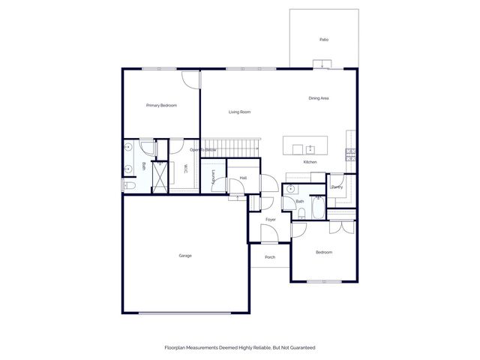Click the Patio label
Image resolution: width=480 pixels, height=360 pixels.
pyautogui.click(x=324, y=40)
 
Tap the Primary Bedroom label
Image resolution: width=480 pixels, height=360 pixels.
pyautogui.click(x=161, y=106)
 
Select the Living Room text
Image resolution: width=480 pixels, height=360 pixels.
pyautogui.click(x=239, y=112)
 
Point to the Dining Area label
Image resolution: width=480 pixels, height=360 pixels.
pyautogui.click(x=319, y=98)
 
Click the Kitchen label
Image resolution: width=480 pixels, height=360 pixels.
pyautogui.click(x=310, y=162)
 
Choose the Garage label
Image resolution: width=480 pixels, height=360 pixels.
pyautogui.click(x=185, y=256)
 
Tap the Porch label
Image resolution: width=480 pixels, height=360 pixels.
pyautogui.click(x=270, y=257)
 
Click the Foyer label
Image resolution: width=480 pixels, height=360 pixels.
pyautogui.click(x=270, y=220)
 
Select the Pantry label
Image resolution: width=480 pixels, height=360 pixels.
pyautogui.click(x=337, y=187)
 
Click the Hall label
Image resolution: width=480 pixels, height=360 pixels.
pyautogui.click(x=243, y=178)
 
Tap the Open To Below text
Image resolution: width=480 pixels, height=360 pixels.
pyautogui.click(x=203, y=150)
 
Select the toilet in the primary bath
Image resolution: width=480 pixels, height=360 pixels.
pyautogui.click(x=128, y=185)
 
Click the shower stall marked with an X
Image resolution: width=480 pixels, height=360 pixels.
pyautogui.click(x=160, y=177)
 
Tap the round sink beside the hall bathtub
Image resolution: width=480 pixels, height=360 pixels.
pyautogui.click(x=290, y=190)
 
